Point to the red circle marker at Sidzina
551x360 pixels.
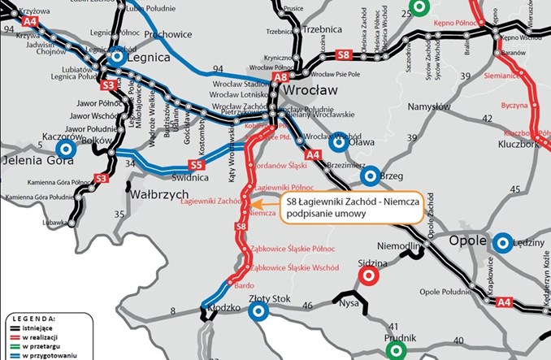tap(368, 276)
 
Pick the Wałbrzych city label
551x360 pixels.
tap(153, 196)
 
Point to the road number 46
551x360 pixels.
tap(308, 305)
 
